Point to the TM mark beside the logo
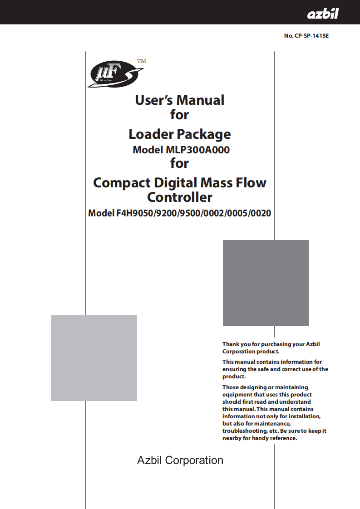(142, 61)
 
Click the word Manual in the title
(200, 100)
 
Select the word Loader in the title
(151, 134)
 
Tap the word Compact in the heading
(122, 183)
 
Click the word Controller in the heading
(180, 197)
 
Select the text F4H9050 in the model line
(135, 213)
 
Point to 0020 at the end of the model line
(262, 213)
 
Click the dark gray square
(266, 283)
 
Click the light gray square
(94, 358)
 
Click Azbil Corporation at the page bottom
(180, 460)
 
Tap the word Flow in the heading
(250, 183)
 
